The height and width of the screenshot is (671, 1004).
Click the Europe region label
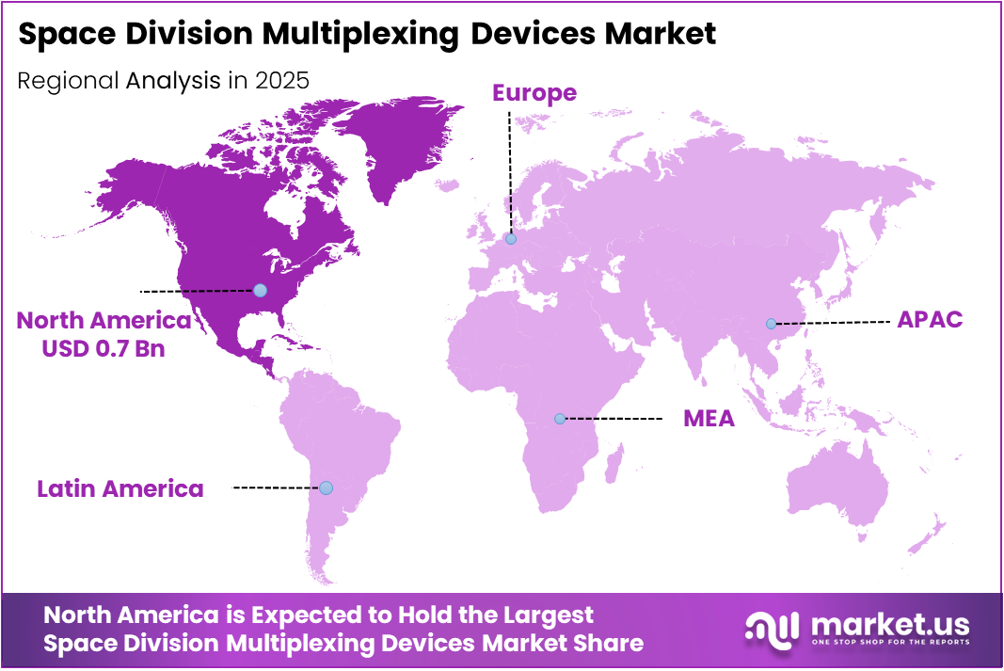click(x=534, y=92)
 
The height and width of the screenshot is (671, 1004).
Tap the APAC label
click(x=930, y=319)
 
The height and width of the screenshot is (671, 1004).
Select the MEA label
click(x=709, y=418)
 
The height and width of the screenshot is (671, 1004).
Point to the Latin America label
click(x=120, y=488)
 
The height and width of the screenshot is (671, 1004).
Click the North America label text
click(x=104, y=321)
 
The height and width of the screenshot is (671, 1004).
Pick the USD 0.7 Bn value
click(x=103, y=349)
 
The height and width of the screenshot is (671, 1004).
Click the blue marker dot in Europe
click(x=511, y=239)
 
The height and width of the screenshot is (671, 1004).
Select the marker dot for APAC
click(x=771, y=324)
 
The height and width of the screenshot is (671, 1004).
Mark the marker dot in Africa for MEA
click(x=560, y=418)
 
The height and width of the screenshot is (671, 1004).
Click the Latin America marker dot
click(x=326, y=487)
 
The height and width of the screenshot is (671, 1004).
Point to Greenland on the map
click(x=395, y=141)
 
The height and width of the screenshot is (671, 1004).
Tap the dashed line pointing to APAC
click(x=833, y=323)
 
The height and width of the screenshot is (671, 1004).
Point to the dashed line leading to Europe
click(x=510, y=169)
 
